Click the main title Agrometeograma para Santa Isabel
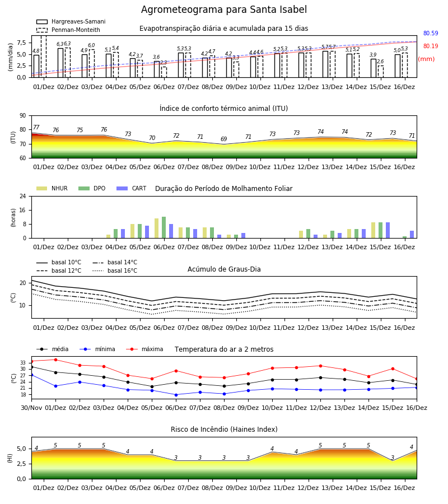[223, 10]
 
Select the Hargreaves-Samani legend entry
[71, 21]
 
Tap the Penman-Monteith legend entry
[68, 30]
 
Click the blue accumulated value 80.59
[431, 33]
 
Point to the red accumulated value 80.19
[431, 46]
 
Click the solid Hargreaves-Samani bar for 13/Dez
[325, 64]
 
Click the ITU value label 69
[223, 139]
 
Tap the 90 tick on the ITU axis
[23, 116]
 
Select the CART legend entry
[132, 188]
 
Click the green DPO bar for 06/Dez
[164, 227]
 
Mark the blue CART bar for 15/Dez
[388, 230]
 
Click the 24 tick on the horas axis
[23, 196]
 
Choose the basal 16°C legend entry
[115, 270]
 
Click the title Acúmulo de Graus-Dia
[224, 269]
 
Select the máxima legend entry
[144, 349]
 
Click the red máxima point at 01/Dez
[55, 360]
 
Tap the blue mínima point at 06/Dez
[176, 395]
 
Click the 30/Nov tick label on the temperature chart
[31, 408]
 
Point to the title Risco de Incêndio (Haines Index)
[224, 429]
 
